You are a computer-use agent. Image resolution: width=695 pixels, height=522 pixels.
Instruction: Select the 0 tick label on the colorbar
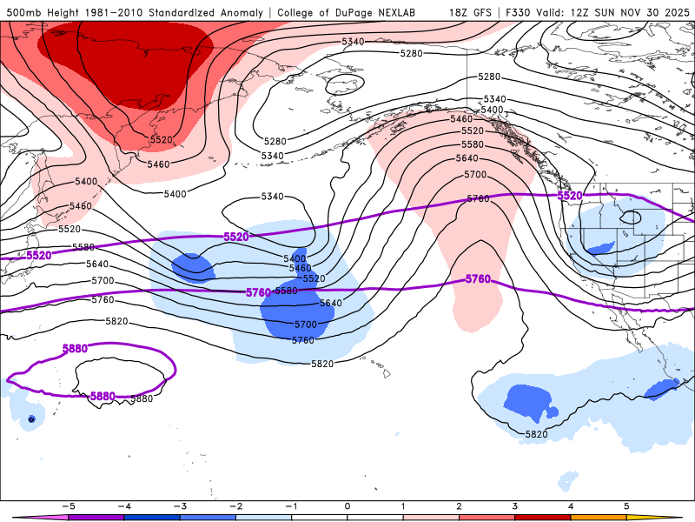pos(347,505)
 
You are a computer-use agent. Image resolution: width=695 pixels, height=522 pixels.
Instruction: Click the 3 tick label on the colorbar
pos(514,505)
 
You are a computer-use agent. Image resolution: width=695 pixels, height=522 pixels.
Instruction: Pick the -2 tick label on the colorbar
pos(235,505)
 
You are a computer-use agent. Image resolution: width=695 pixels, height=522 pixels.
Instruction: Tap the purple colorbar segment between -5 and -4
pos(96,518)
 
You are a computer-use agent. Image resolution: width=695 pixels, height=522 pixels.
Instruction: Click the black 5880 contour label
pos(142,398)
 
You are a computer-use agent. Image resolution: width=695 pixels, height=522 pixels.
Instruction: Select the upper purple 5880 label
pos(76,349)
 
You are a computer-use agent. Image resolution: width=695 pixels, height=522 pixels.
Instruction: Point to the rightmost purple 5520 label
pos(569,197)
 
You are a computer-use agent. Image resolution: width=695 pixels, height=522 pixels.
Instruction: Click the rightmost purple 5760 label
pos(478,279)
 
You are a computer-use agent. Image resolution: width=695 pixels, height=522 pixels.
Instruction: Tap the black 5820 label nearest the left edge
pos(116,321)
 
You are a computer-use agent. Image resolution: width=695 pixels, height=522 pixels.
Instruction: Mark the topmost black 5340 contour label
pos(353,42)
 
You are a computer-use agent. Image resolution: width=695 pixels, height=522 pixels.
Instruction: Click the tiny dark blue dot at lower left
pos(31,419)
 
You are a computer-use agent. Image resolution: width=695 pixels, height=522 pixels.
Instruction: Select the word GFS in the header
pos(489,12)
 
